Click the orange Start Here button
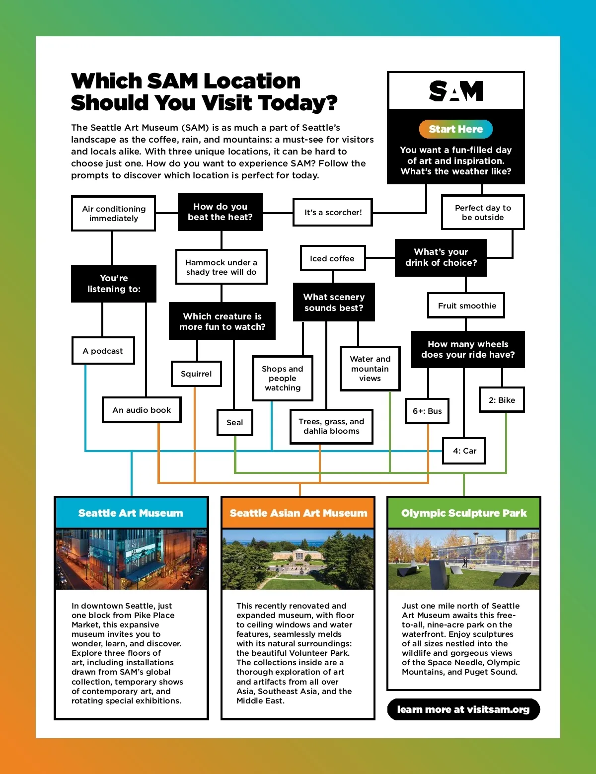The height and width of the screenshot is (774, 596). click(455, 129)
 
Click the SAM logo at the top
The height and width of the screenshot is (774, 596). click(456, 91)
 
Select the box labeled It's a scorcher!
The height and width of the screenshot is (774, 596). click(333, 213)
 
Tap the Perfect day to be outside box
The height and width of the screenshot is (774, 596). click(483, 213)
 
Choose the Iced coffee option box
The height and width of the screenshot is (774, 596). click(332, 258)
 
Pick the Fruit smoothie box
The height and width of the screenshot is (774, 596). click(466, 306)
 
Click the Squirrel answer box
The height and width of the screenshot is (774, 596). click(196, 374)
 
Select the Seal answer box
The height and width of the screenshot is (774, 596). click(234, 422)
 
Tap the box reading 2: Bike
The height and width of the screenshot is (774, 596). click(502, 400)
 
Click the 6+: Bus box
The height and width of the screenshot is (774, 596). click(427, 411)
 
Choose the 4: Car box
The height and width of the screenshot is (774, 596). click(464, 451)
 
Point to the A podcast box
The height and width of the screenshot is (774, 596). click(103, 351)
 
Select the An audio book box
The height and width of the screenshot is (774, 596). click(142, 410)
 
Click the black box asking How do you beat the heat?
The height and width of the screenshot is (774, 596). click(220, 212)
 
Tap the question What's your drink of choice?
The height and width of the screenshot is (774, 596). click(441, 257)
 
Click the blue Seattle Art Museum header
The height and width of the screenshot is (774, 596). click(131, 513)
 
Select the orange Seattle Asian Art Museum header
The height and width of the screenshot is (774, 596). click(298, 513)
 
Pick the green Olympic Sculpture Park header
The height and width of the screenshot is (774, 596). click(464, 513)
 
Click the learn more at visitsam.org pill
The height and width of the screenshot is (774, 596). click(463, 709)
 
